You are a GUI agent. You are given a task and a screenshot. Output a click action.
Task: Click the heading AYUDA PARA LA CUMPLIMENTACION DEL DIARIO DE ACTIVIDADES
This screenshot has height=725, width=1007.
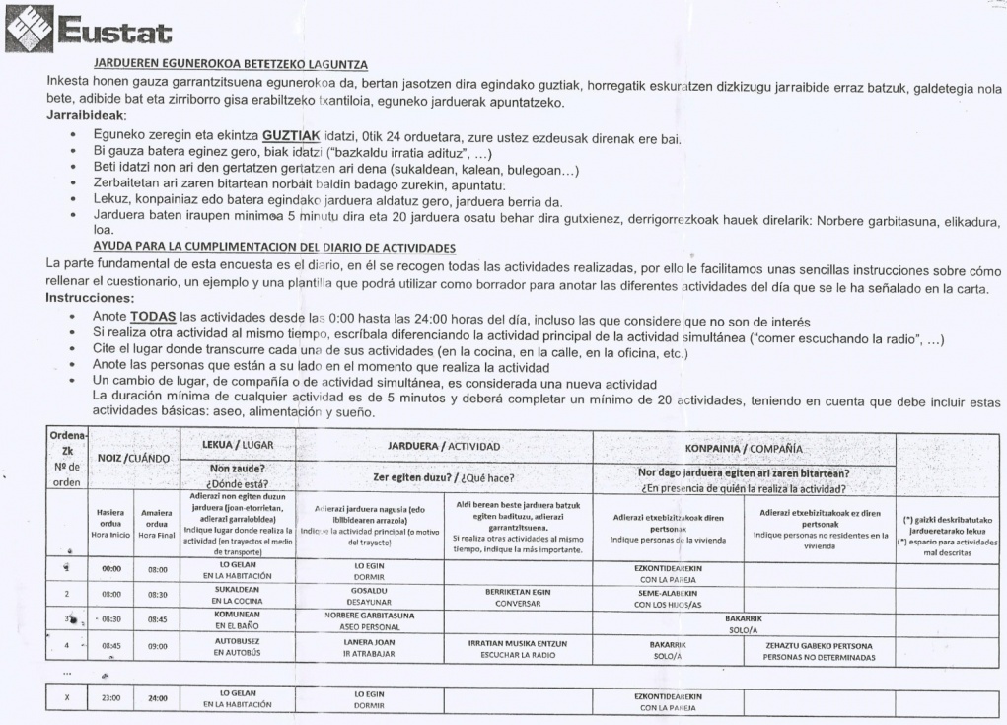(272, 246)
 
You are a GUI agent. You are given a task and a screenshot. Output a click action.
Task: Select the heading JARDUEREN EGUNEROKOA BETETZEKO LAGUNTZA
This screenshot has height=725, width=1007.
(231, 64)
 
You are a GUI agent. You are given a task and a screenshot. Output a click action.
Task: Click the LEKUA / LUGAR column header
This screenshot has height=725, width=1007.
(238, 445)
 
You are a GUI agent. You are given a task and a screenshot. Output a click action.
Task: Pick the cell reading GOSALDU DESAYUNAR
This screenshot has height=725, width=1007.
(368, 598)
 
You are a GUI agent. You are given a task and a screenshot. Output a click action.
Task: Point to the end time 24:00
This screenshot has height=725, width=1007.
(158, 699)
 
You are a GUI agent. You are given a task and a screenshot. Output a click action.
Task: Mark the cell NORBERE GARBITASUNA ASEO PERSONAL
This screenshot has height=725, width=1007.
(368, 623)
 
